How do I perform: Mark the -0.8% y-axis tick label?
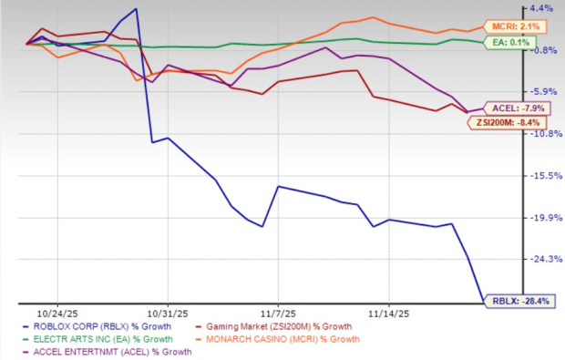[539, 50]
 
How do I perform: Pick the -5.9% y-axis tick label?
[539, 92]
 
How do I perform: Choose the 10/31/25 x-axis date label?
[168, 311]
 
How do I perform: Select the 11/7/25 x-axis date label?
[280, 311]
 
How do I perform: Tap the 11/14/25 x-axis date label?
[389, 311]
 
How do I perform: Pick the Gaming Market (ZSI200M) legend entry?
[278, 324]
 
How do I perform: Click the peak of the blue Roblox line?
[136, 9]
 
